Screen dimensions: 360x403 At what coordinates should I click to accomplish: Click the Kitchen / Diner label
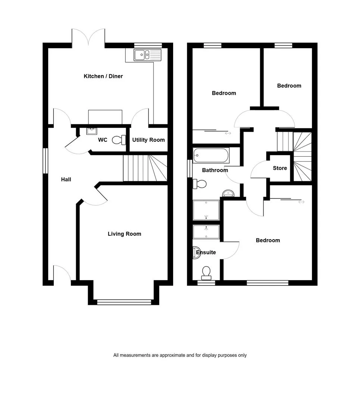click(103, 76)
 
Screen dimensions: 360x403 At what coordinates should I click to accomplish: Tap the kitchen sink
click(147, 55)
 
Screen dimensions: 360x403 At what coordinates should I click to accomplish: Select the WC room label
click(103, 140)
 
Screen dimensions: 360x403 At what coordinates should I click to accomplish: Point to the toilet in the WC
click(119, 140)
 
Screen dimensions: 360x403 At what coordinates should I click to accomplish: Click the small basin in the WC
click(92, 131)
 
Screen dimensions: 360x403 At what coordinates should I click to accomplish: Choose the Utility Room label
click(148, 140)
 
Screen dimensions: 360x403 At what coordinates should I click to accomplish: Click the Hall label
click(66, 179)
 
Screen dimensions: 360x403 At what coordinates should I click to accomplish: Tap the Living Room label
click(124, 234)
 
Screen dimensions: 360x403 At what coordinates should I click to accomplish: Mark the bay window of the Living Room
click(124, 302)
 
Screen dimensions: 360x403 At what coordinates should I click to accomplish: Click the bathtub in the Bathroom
click(211, 155)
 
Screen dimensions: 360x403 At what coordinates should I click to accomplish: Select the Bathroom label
click(215, 170)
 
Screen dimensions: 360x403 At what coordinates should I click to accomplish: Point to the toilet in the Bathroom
click(200, 184)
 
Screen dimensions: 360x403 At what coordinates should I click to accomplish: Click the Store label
click(280, 168)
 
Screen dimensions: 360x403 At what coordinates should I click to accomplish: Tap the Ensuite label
click(206, 252)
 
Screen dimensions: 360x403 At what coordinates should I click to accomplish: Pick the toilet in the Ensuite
click(206, 273)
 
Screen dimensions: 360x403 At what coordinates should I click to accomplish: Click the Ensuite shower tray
click(206, 232)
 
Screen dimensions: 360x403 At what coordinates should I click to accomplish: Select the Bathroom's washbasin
click(228, 193)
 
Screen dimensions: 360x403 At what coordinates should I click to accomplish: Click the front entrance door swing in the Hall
click(62, 272)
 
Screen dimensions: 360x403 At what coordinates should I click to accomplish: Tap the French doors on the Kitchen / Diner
click(88, 37)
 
